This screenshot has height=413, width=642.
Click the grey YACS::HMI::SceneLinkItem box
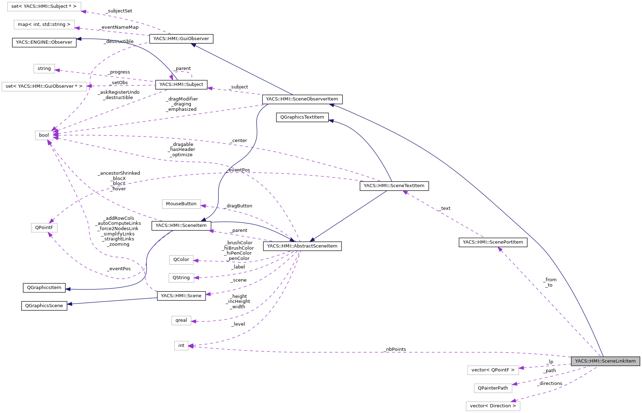[x=605, y=361]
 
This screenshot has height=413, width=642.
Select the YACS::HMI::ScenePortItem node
[x=493, y=242]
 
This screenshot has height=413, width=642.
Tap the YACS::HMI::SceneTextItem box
[x=394, y=186]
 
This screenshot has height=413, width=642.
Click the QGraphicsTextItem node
[x=302, y=117]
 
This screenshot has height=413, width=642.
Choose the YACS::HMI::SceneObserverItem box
[x=302, y=99]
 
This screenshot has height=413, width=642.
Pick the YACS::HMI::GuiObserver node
[x=181, y=39]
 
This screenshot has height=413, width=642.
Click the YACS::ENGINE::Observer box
[x=44, y=42]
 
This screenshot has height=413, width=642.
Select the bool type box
[x=44, y=135]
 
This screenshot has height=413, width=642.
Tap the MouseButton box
[x=181, y=204]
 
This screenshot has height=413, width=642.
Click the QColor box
[x=181, y=260]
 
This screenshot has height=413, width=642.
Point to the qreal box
[x=181, y=320]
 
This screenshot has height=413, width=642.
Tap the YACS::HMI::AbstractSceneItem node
[x=302, y=246]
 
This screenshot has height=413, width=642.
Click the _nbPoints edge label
[x=395, y=349]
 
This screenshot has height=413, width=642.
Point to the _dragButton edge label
[x=239, y=206]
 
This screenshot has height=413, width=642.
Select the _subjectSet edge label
[x=119, y=11]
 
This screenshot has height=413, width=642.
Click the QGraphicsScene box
[x=44, y=306]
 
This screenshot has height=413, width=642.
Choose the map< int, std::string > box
[x=44, y=25]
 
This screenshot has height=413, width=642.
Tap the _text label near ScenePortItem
[x=445, y=208]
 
